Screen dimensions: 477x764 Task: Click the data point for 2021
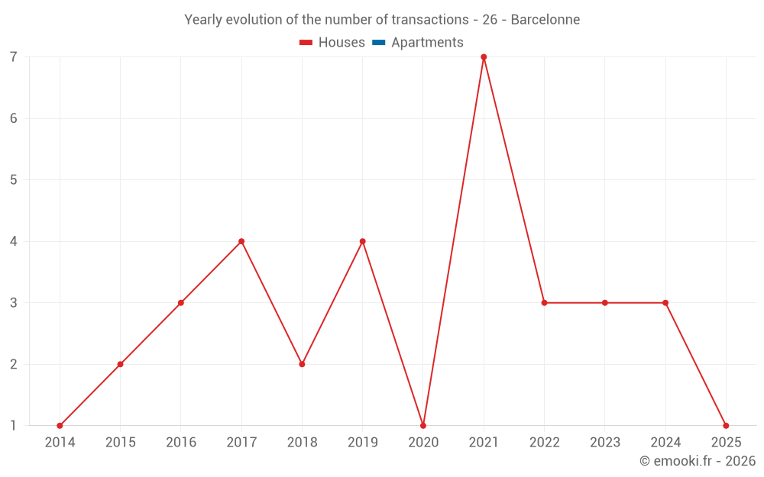tap(484, 57)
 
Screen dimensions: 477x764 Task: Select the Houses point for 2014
tap(60, 426)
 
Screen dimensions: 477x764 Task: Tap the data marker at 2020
tap(423, 426)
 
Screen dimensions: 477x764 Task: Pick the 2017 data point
tap(241, 241)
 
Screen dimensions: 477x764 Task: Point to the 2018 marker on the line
tap(302, 364)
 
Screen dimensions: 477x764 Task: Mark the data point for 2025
tap(726, 426)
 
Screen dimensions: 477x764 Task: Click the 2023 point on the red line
tap(605, 303)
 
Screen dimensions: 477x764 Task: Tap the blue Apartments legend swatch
tap(378, 43)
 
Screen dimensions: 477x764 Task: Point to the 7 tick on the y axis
tap(14, 57)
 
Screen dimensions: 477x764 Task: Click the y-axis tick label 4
tap(14, 241)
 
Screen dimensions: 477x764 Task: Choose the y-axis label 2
tap(14, 364)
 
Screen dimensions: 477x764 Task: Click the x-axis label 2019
tap(362, 443)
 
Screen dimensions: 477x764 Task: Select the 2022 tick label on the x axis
tap(544, 443)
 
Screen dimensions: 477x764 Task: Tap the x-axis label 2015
tap(120, 443)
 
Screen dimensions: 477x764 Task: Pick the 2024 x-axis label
tap(665, 443)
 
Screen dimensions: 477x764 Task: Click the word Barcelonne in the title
tap(545, 20)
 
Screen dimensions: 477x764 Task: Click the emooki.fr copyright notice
tap(698, 461)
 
